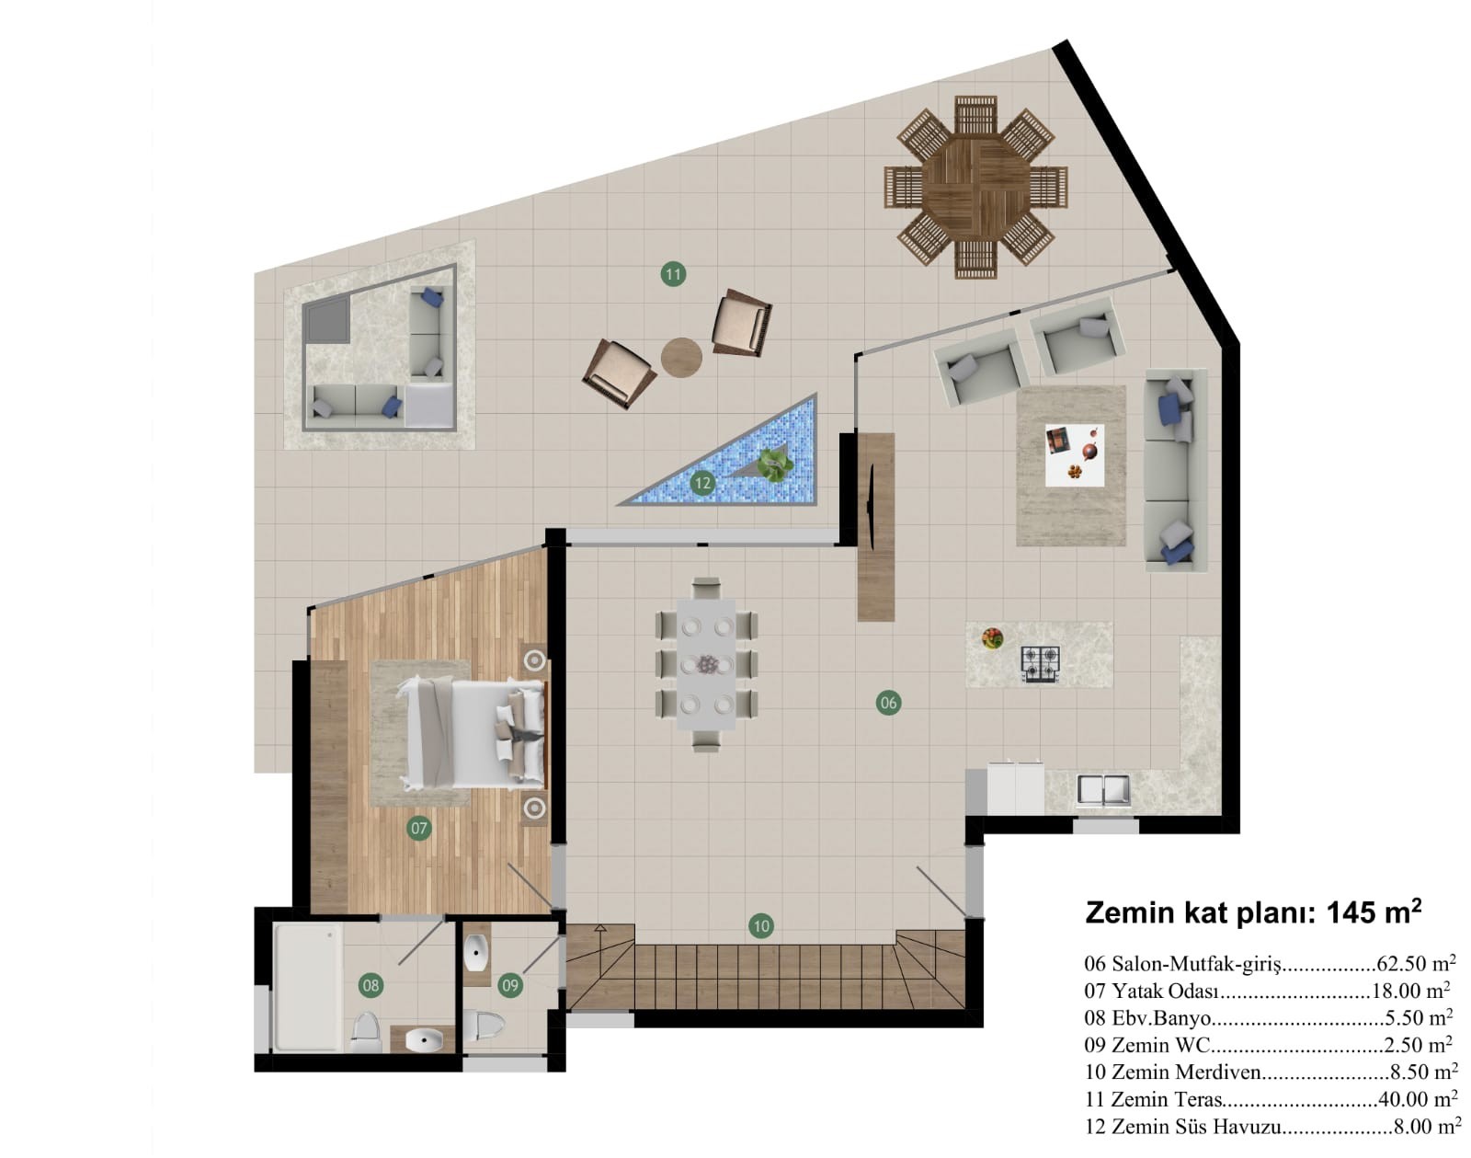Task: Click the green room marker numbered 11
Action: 673,274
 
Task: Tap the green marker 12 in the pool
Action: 702,483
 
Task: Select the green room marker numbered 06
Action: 888,702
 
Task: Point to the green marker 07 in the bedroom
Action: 419,829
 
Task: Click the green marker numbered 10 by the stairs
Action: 761,926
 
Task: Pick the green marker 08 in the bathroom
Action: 371,985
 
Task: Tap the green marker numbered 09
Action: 510,985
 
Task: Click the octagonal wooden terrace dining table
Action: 975,187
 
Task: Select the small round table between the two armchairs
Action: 681,357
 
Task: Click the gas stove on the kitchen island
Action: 1041,664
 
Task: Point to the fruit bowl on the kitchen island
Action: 992,638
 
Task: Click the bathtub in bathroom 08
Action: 308,987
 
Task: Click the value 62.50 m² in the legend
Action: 1416,963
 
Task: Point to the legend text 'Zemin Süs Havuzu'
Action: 1195,1127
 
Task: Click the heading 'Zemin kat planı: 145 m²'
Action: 1254,912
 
